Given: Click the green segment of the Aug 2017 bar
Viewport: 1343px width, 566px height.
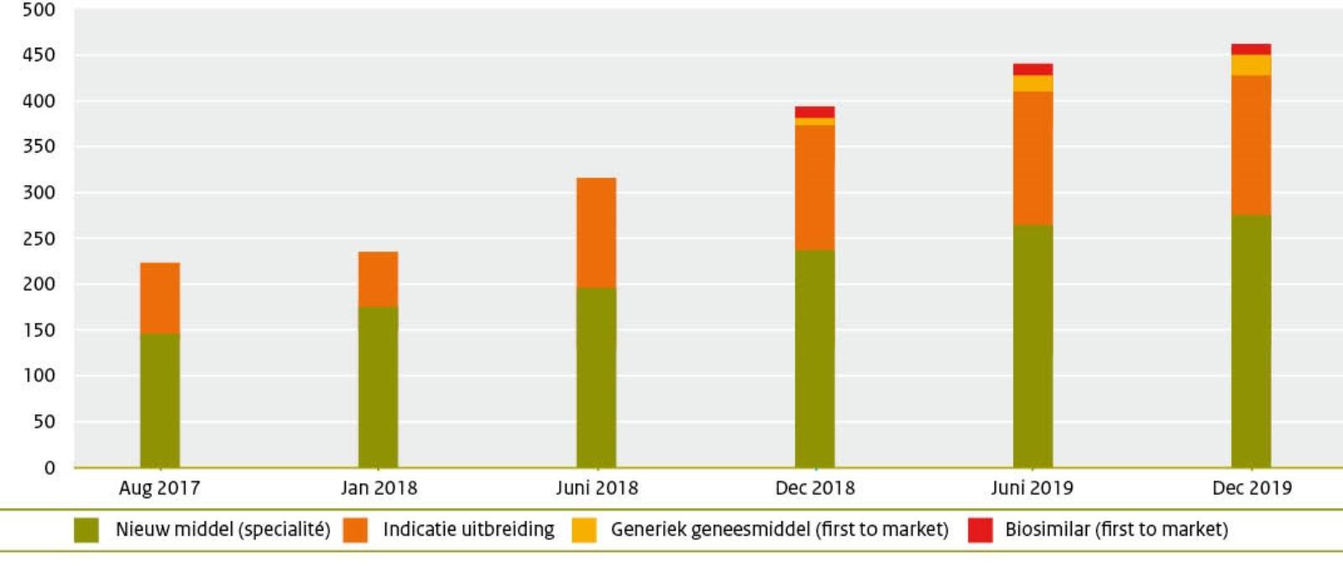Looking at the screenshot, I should (x=159, y=400).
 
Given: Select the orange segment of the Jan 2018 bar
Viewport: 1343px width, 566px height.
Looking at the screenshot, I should (x=378, y=279).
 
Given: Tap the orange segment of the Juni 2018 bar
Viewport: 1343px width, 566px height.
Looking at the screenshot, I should (x=596, y=232).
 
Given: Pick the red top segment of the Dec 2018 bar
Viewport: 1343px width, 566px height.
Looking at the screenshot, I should (x=814, y=112).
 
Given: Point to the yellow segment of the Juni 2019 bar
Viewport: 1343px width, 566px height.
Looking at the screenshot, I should (x=1032, y=83).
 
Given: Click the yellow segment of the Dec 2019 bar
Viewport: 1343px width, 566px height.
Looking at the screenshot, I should (x=1251, y=65).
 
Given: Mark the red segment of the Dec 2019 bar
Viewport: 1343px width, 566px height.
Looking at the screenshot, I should (x=1251, y=49).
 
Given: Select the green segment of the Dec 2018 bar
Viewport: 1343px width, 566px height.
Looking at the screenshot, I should (x=814, y=358).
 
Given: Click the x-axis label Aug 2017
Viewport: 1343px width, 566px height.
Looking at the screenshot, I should (x=159, y=488).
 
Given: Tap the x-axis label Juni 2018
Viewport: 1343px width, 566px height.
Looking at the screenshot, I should (x=597, y=488).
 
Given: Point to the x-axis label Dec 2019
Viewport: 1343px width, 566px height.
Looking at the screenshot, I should (x=1252, y=488).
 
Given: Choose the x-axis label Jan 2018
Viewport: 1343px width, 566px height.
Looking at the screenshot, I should (x=379, y=488).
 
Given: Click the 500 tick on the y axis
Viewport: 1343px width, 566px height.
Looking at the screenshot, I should (x=39, y=10).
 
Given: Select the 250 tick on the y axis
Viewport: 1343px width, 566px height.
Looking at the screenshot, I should (x=39, y=239).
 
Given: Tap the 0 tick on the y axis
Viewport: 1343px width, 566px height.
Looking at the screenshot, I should (x=50, y=468).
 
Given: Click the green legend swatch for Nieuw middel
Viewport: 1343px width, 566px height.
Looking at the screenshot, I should (x=86, y=530).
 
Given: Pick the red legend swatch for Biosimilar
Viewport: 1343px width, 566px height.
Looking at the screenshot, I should (x=980, y=530).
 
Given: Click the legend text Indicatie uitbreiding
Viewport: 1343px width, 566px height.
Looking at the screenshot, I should (x=468, y=530).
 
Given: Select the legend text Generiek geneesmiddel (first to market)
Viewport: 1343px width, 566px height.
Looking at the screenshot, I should (x=779, y=530).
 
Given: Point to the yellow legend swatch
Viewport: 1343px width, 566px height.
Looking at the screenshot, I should (x=584, y=530).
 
